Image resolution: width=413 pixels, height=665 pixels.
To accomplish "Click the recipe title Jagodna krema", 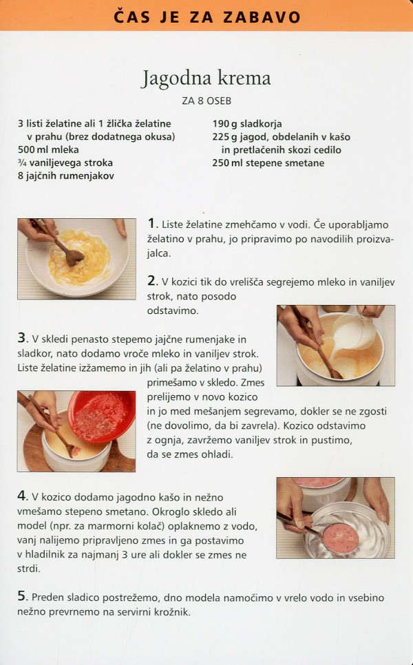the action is click(x=206, y=78).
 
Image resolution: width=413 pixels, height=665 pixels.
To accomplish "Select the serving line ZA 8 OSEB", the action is click(x=206, y=101).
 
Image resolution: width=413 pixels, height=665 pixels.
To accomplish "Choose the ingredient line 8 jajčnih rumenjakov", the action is click(x=65, y=176).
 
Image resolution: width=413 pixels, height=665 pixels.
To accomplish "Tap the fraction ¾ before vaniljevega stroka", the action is click(x=22, y=162).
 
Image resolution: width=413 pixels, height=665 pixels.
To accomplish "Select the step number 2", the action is click(x=153, y=281).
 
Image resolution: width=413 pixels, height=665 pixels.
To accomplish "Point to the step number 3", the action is click(x=23, y=338).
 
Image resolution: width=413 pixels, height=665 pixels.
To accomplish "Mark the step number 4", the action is click(x=23, y=496).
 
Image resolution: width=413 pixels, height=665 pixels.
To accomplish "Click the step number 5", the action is click(x=23, y=596).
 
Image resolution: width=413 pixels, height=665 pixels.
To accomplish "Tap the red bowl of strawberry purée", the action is click(x=102, y=416).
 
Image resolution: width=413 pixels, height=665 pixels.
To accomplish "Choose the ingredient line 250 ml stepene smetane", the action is click(x=268, y=163).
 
